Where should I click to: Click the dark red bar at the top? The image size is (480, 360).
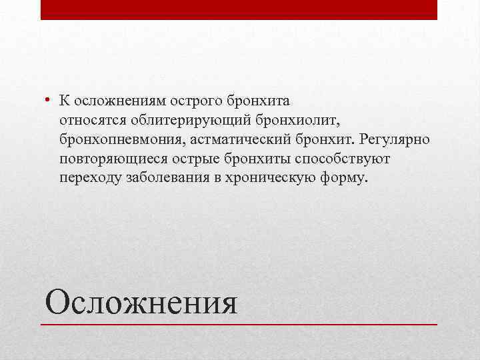(x=239, y=9)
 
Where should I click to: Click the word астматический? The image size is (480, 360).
(x=228, y=141)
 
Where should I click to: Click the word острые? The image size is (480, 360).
(x=194, y=160)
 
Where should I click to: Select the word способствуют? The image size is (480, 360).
(x=342, y=160)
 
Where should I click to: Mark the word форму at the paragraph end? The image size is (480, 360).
(x=345, y=179)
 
